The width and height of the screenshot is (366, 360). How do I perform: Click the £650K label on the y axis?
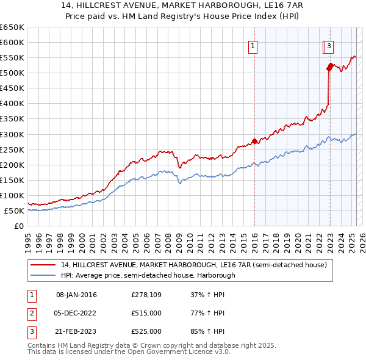point(12,27)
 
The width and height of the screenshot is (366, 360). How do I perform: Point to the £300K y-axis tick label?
point(12,134)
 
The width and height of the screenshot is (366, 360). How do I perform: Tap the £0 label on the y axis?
point(18,226)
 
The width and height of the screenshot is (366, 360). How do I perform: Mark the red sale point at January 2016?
point(254,141)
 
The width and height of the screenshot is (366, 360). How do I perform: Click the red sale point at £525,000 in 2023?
point(330,65)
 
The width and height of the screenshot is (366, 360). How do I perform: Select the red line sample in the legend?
point(43,265)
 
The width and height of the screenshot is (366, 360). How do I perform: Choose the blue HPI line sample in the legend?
point(43,275)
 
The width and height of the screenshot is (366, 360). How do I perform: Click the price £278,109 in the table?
point(146,295)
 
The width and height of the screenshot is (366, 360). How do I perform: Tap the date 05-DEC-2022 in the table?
point(76,313)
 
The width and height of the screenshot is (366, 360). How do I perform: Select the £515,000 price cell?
point(146,313)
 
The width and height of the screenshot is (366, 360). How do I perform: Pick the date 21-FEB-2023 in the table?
point(76,331)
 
